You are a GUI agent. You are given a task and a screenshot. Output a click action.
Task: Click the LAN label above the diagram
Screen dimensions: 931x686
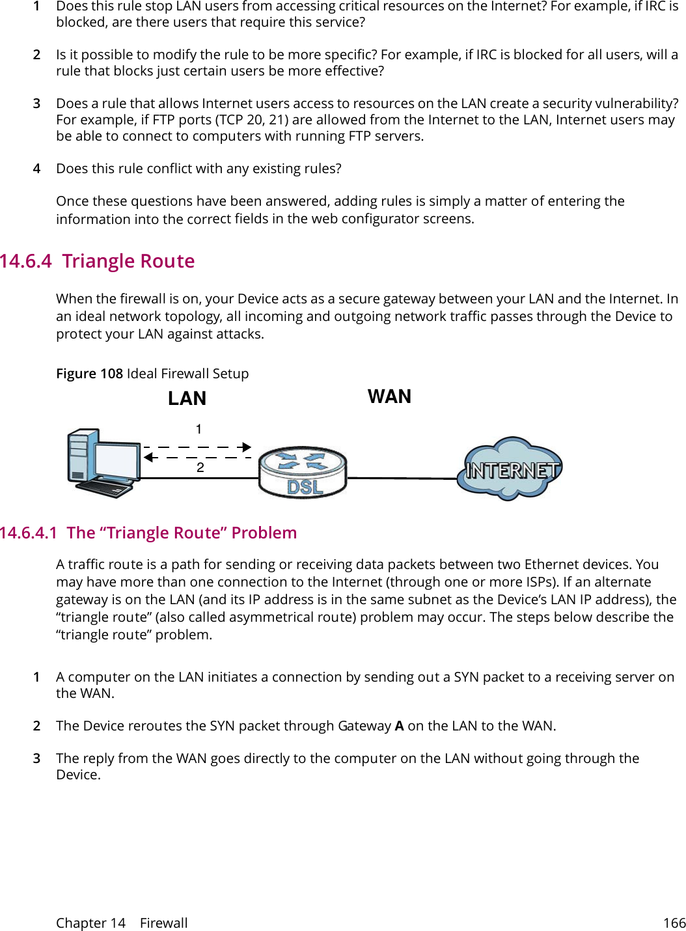187,398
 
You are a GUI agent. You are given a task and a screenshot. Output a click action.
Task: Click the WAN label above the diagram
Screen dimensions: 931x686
389,396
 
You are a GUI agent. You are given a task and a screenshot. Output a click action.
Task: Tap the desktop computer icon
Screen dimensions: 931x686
103,463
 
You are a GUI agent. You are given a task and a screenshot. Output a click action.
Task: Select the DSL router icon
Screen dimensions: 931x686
303,473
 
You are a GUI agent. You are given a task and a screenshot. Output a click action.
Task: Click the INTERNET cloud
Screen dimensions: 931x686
510,469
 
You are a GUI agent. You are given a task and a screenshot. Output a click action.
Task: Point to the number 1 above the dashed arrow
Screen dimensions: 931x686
199,430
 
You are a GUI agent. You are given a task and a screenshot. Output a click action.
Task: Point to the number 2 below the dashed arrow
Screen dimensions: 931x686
200,467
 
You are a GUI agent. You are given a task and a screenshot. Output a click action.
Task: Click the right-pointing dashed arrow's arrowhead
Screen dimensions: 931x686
247,447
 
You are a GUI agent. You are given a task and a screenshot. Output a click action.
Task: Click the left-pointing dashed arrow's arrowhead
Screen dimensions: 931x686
148,457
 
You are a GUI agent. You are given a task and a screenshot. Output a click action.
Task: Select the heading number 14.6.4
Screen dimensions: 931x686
26,261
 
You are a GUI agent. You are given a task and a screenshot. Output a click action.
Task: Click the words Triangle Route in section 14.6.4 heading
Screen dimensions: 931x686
128,261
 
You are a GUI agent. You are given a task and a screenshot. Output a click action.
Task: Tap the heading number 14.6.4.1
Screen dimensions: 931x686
29,533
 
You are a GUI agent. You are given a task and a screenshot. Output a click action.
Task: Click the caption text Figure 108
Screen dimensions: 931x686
89,374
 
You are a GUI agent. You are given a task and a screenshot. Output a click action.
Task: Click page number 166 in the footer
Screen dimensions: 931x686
674,923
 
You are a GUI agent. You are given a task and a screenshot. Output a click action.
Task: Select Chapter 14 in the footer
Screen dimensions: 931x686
90,923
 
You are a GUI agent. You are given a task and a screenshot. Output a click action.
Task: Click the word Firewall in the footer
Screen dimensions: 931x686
163,923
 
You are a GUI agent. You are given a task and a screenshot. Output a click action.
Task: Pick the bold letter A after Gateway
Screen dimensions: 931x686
399,726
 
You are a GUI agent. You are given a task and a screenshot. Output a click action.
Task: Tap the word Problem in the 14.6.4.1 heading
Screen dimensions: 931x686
264,533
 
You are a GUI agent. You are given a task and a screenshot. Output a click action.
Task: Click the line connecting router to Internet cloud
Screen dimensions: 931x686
402,478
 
